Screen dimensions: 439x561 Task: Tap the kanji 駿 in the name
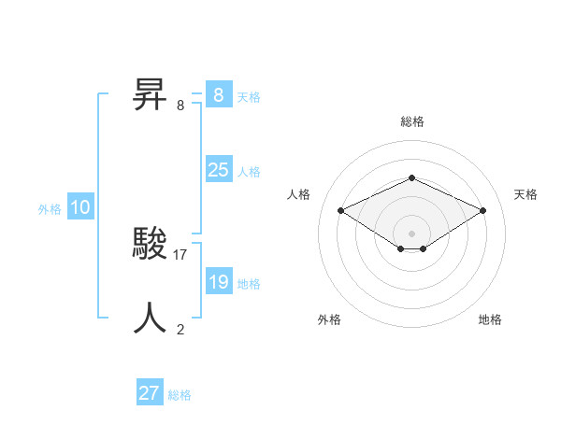151,244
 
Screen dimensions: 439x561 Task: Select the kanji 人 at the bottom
151,318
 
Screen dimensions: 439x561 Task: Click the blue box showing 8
218,95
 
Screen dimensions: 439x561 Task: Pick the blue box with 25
218,170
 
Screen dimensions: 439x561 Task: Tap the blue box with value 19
218,282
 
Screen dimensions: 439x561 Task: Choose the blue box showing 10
80,208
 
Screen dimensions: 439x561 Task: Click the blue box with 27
150,393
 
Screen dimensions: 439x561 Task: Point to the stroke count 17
180,254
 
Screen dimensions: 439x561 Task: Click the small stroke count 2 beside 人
180,329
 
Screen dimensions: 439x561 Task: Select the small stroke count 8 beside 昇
180,105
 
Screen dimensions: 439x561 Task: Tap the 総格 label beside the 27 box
180,395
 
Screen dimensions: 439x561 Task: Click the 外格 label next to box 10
50,209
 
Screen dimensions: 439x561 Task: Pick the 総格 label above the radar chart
411,121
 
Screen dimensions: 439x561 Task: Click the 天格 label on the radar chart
525,194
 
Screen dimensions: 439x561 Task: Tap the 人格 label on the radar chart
298,194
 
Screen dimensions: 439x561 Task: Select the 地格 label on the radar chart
490,319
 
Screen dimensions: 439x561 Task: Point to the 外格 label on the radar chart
329,319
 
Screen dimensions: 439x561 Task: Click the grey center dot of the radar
411,233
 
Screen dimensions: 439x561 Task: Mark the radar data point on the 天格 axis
482,210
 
